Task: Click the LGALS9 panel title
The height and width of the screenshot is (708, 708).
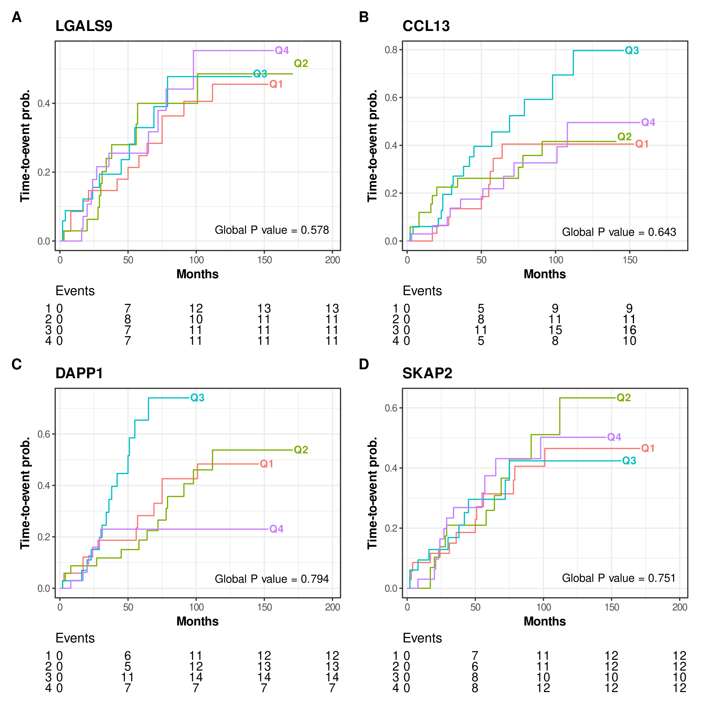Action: pos(83,26)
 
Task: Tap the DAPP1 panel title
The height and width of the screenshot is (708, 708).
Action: pos(79,373)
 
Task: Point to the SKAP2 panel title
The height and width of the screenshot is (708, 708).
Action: pos(427,373)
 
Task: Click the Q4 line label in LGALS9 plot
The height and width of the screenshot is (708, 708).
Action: pos(282,50)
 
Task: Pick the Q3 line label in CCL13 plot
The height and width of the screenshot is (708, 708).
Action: pos(632,50)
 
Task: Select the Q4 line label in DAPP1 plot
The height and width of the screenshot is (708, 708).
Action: pos(276,529)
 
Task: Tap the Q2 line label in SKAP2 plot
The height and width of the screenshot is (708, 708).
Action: pos(624,398)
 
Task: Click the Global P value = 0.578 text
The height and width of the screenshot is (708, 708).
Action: pos(271,230)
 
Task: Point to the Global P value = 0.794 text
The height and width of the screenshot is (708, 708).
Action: pos(271,579)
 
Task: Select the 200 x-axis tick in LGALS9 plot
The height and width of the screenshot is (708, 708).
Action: pos(332,260)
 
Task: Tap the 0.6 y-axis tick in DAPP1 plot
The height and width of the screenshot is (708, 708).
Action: pos(44,434)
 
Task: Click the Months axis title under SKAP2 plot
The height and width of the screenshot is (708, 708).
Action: pos(545,621)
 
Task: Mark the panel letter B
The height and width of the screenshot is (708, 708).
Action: pos(363,17)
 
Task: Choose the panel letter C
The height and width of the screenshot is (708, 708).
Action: pos(17,364)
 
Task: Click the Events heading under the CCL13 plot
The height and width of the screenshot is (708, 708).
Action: pos(422,291)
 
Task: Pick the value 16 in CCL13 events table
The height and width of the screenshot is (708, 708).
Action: pos(630,330)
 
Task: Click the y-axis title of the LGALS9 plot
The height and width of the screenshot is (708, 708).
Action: pos(25,145)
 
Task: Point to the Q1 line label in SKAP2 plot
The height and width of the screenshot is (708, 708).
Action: pos(648,448)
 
